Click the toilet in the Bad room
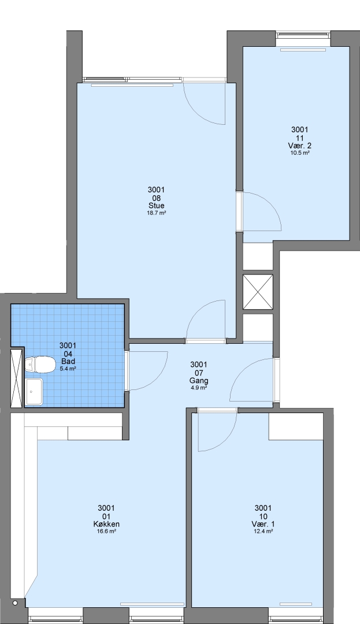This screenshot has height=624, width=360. pos(40,365)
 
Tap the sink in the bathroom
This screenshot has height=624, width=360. pos(34,392)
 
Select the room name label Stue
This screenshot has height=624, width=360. pos(157,206)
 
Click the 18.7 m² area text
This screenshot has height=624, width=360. pos(157,213)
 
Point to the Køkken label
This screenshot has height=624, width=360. pos(106,524)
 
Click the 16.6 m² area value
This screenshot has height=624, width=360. pos(106,532)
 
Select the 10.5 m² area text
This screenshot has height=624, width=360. pos(300,153)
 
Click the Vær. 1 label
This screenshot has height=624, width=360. pos(263,524)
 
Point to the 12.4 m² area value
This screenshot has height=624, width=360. pos(263,532)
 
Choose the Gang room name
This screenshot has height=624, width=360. pos(199,381)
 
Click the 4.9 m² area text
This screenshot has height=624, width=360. pos(199,388)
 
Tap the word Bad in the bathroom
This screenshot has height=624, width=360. pos(68,361)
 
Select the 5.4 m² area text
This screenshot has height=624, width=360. pos(68,369)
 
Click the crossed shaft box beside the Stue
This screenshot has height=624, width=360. pos(258,292)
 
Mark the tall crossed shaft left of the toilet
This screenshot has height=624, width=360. pos(17,378)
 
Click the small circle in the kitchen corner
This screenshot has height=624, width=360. pos(15,603)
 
